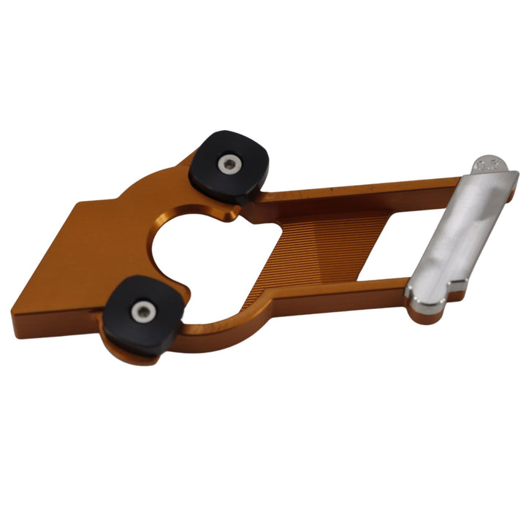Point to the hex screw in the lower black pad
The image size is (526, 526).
pyautogui.click(x=143, y=313)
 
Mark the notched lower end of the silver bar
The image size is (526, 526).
pyautogui.click(x=424, y=304)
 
